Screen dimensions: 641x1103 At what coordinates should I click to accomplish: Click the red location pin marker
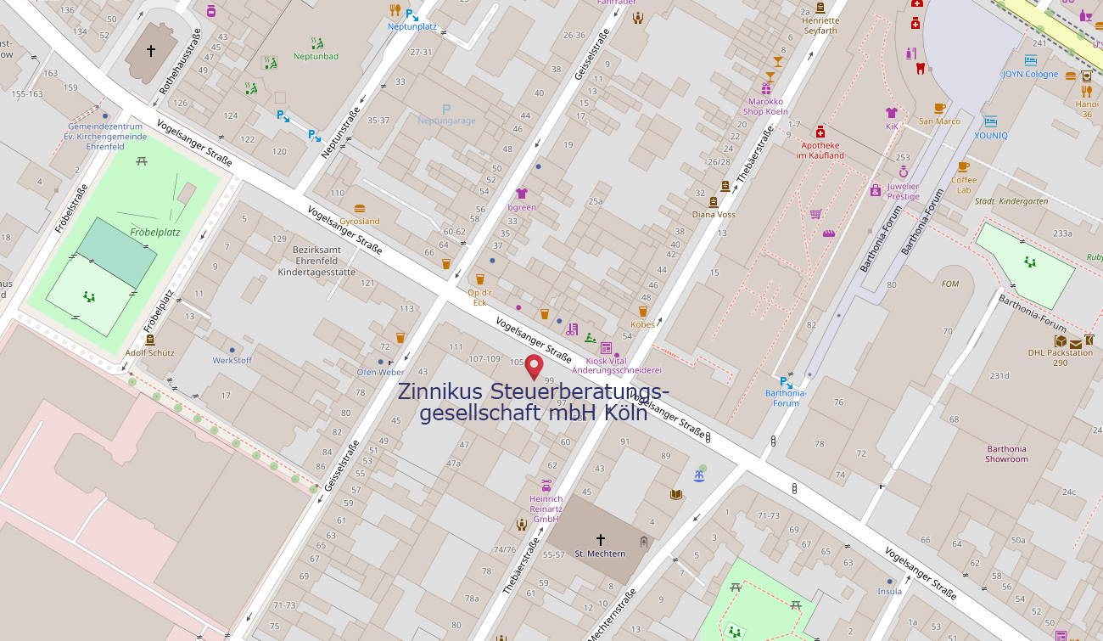point(534,366)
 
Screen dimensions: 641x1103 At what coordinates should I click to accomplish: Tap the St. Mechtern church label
point(600,554)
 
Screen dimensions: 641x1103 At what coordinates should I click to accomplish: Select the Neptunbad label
point(316,57)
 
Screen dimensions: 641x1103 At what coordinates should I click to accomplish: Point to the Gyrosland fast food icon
point(360,208)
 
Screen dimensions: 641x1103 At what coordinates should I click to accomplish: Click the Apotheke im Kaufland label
point(820,150)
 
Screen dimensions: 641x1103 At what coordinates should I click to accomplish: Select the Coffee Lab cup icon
point(963,166)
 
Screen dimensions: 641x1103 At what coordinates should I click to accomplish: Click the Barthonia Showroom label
point(1006,454)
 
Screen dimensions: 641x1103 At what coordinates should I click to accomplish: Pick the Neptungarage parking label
point(446,121)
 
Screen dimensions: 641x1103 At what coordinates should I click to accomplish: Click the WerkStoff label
point(232,360)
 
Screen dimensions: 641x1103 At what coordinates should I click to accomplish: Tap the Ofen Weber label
point(380,372)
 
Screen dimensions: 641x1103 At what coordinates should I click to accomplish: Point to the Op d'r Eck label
point(479,297)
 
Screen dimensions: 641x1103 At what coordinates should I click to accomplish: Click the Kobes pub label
point(642,324)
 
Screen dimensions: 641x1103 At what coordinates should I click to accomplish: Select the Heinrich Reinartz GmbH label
point(546,509)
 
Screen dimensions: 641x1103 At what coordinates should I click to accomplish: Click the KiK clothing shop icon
point(891,112)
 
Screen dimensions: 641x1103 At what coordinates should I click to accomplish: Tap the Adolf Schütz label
point(149,352)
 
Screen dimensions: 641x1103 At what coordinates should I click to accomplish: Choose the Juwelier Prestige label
point(903,191)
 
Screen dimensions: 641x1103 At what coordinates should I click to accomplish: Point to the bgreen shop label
point(522,207)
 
